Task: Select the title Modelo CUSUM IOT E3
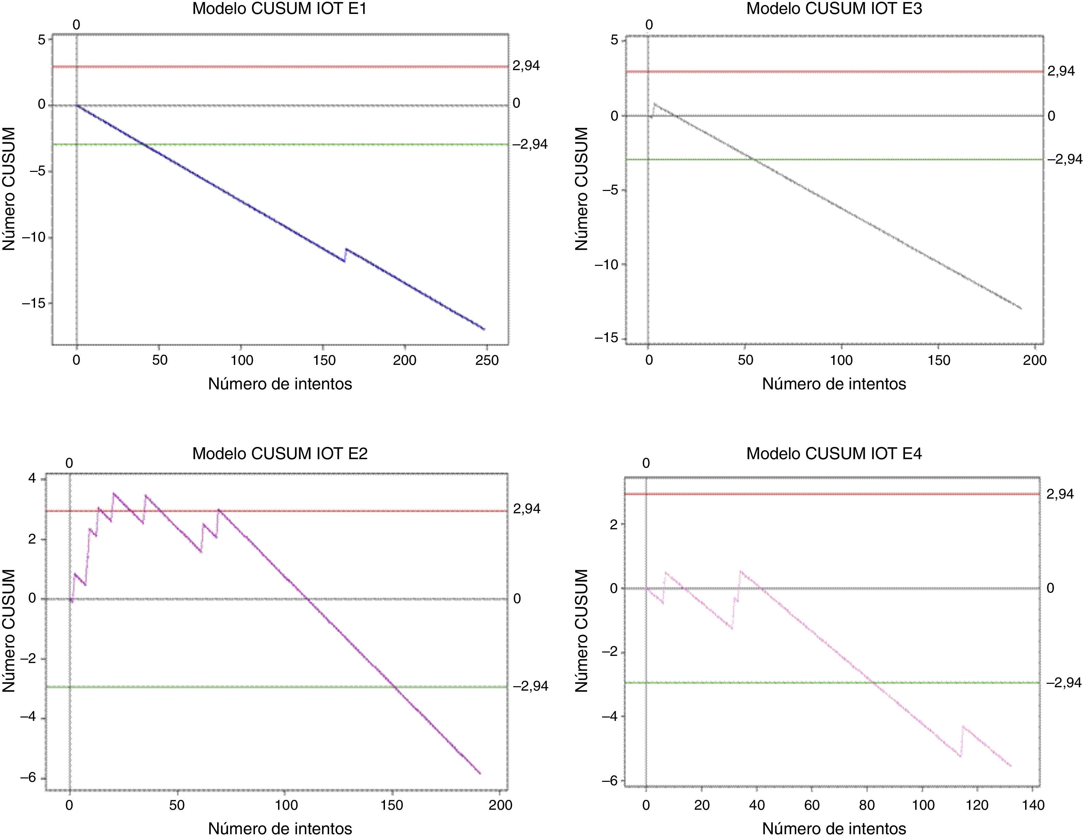tap(834, 9)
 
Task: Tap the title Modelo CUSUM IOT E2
tap(280, 454)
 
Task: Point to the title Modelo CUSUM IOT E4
tap(834, 454)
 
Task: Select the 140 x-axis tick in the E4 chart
tap(1033, 805)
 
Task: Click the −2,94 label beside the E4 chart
tap(1064, 683)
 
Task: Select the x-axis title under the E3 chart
tap(834, 384)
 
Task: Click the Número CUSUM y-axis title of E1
tap(9, 189)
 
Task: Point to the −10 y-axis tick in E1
tap(33, 237)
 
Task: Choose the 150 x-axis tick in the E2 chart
tap(392, 805)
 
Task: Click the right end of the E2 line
tap(480, 773)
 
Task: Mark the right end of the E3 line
tap(1021, 308)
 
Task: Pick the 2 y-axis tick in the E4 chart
tap(614, 524)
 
